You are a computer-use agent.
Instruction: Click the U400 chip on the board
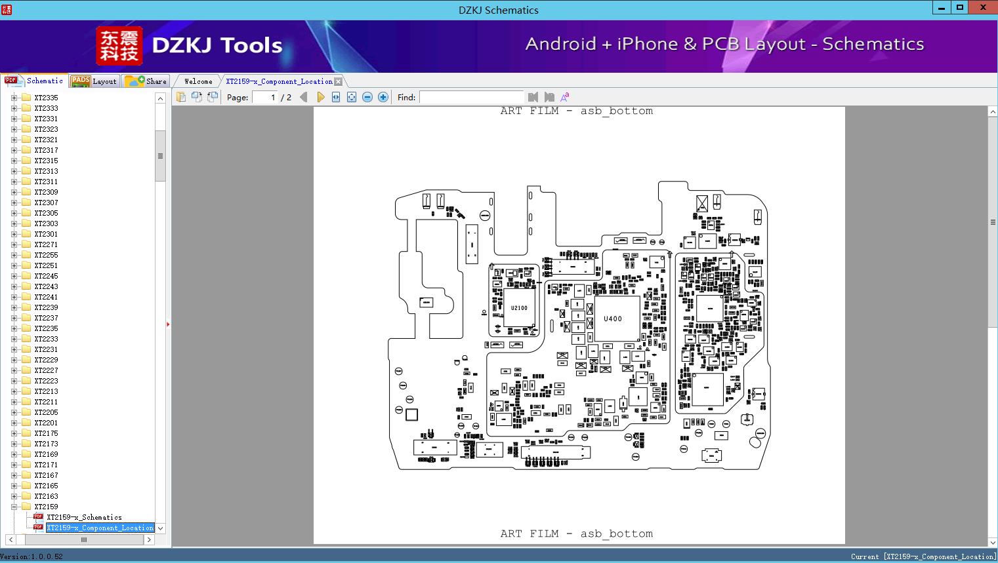point(613,319)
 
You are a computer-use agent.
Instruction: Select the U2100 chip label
point(519,307)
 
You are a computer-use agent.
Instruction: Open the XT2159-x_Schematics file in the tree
point(84,517)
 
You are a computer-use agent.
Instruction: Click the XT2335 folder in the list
point(46,98)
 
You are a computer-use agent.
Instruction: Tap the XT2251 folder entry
point(46,265)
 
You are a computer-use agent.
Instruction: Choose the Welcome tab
point(198,81)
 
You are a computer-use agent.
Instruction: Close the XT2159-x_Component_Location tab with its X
point(338,81)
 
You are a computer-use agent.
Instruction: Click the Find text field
point(471,97)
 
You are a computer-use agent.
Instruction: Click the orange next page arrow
point(320,97)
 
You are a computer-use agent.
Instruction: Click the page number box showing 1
point(266,97)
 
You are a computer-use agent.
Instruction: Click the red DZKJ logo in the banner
point(119,46)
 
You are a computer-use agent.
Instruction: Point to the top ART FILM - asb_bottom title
point(576,111)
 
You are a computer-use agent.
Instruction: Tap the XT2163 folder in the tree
point(46,496)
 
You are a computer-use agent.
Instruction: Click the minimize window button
point(942,8)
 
